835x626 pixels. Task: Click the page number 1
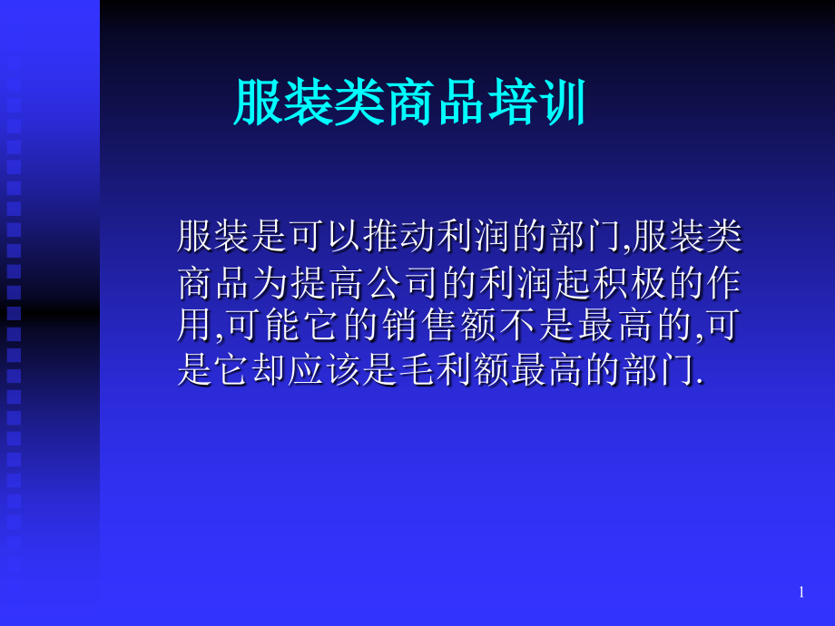point(801,592)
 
